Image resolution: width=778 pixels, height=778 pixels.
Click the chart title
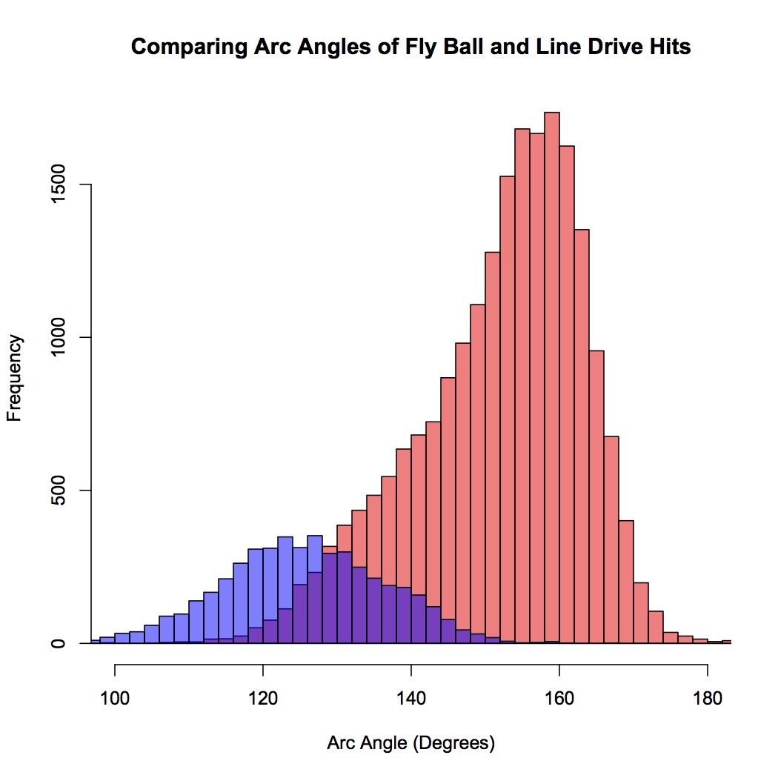(410, 47)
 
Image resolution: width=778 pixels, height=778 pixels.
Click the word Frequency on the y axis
(15, 378)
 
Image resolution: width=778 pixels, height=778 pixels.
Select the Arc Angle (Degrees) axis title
(410, 743)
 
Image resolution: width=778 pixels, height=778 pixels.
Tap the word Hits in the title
(672, 47)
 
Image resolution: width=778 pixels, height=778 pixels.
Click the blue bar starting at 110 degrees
(196, 622)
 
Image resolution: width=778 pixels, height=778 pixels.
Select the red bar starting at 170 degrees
(641, 615)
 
